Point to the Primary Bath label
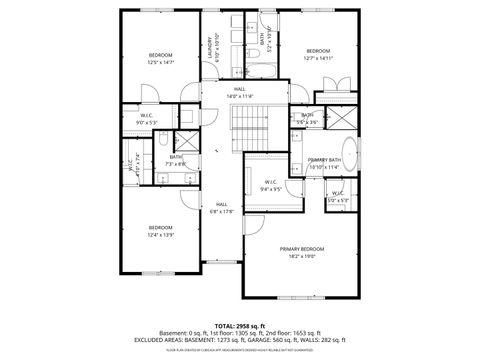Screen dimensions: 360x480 pos(325,159)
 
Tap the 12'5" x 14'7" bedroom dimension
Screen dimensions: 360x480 pos(161,62)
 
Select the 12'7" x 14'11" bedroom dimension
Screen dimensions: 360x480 pos(318,58)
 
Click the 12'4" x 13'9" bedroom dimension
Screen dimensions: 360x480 pos(161,235)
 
